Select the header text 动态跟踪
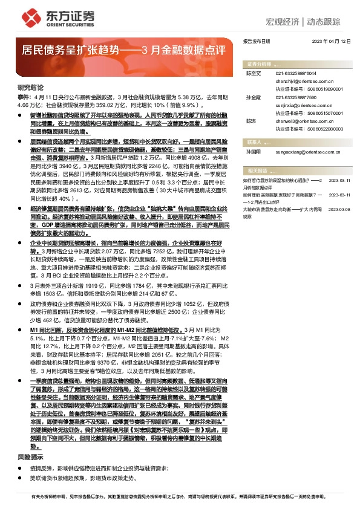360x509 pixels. pos(323,21)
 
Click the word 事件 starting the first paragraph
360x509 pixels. pos(24,97)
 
